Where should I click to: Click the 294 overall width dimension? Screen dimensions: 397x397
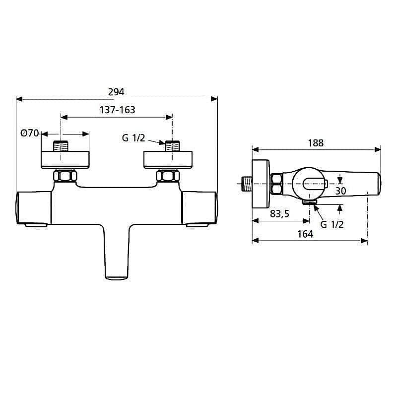coord(117,91)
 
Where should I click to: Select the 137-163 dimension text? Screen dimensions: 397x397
coord(117,110)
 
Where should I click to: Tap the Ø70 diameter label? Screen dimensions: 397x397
coord(30,133)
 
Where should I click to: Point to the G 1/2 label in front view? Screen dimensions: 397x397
coord(133,138)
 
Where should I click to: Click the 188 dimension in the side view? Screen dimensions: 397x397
coord(316,143)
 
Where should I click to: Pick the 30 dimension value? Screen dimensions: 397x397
coord(340,191)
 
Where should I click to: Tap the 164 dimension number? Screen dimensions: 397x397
coord(306,234)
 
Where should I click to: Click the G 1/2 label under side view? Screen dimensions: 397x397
coord(332,224)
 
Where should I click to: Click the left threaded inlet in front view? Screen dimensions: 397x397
coord(62,147)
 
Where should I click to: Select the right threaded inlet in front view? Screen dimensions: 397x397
coord(172,147)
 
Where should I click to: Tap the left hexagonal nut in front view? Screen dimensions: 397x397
coord(65,176)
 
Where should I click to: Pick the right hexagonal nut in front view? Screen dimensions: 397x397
coord(168,176)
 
